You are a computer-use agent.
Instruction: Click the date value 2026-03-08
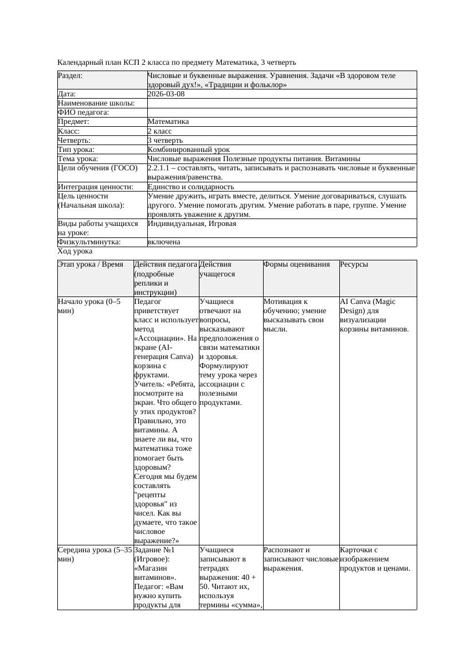166,94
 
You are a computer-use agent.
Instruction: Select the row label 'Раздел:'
70,76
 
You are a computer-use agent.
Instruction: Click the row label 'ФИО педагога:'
84,112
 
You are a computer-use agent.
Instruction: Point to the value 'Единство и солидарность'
191,186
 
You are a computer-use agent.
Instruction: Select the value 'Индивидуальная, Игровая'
192,224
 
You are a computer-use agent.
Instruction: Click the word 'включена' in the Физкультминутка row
164,242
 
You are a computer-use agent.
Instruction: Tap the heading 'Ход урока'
75,251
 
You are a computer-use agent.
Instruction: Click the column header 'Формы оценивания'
297,264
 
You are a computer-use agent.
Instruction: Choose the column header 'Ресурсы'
354,264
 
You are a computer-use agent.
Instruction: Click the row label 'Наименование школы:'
96,103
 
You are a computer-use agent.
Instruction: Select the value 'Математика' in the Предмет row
168,122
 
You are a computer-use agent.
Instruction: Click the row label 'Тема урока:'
78,158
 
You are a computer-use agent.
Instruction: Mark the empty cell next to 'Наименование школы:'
281,103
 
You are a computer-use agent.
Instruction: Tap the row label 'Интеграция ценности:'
96,186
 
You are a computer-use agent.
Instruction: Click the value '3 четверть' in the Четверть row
165,140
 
